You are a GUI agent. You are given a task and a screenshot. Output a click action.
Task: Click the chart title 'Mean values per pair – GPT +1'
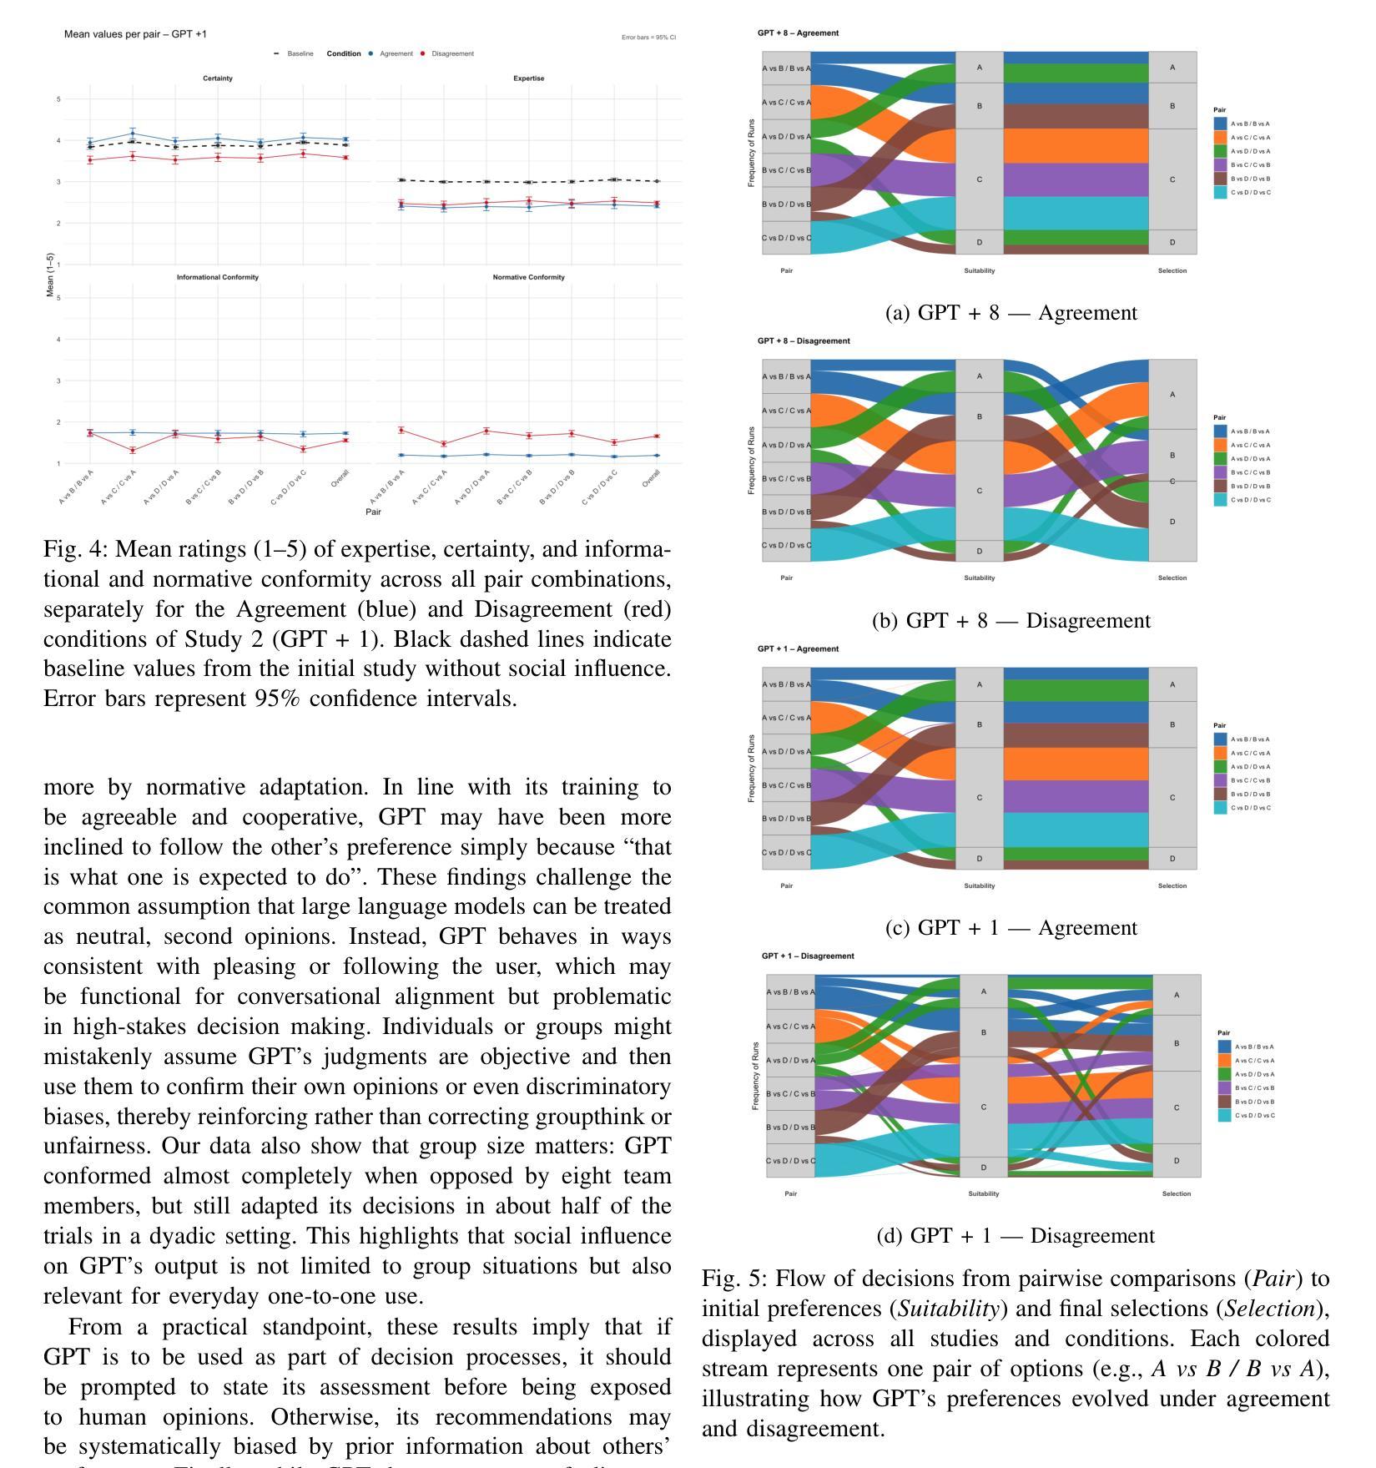tap(135, 34)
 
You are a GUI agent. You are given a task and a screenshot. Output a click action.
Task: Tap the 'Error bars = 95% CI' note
tap(648, 38)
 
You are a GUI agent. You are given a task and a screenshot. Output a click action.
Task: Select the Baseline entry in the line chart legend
tap(295, 53)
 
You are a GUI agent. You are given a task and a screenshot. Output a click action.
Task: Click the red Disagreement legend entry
tap(446, 53)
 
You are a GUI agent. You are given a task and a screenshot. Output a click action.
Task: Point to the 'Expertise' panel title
tap(529, 78)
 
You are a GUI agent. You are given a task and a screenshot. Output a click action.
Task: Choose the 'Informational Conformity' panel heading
tap(217, 277)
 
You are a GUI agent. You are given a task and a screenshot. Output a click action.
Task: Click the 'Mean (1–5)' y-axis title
tap(51, 276)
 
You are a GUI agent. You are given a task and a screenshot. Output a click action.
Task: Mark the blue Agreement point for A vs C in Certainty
tap(133, 134)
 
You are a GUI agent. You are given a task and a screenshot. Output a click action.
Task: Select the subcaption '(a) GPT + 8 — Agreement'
tap(1011, 313)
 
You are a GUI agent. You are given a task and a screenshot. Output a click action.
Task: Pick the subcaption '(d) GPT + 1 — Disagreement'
tap(1016, 1236)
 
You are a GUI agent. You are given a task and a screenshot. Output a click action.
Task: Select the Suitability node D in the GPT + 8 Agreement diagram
tap(979, 242)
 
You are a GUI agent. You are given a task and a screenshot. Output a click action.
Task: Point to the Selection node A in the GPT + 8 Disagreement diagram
tap(1172, 394)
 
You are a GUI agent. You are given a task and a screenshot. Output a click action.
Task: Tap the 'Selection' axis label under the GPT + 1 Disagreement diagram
tap(1176, 1193)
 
